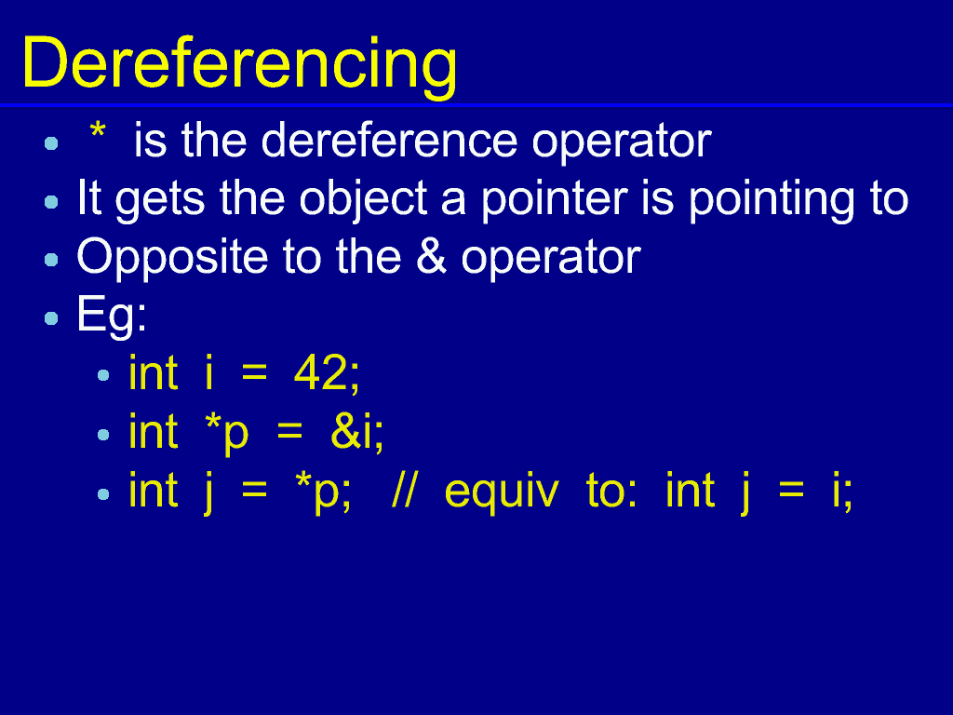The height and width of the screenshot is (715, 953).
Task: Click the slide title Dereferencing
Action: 239,64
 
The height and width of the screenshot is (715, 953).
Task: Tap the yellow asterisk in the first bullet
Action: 97,129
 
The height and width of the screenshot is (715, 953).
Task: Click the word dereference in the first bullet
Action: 389,141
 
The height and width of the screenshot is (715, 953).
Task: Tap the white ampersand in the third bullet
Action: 431,257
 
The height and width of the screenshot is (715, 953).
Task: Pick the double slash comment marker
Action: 405,490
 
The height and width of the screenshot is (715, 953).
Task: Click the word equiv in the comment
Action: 502,492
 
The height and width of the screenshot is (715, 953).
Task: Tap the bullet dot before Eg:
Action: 51,318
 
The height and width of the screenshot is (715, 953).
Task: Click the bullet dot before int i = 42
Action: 102,375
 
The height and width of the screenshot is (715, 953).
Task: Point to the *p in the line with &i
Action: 227,433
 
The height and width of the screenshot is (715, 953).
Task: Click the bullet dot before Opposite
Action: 51,260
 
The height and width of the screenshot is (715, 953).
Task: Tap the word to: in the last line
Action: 611,490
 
